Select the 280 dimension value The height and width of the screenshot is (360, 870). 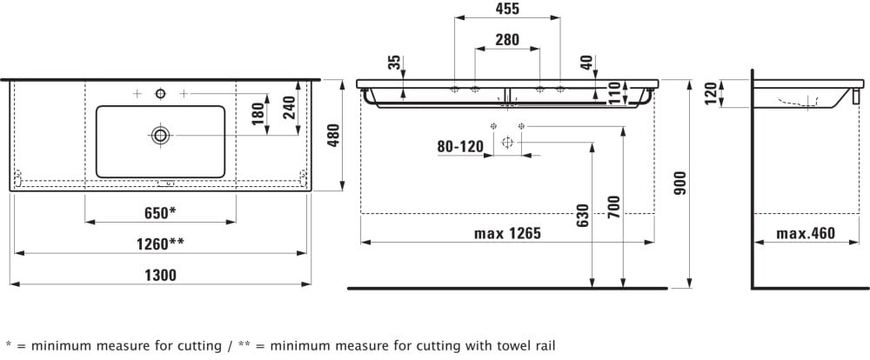click(x=506, y=38)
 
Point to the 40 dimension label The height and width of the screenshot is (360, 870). click(x=586, y=63)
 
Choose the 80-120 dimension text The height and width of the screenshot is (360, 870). click(x=459, y=148)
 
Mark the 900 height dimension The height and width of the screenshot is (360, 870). click(x=680, y=182)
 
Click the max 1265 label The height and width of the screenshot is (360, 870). click(x=507, y=233)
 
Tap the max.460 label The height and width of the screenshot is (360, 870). click(x=805, y=233)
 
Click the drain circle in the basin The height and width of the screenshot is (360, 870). click(x=160, y=135)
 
